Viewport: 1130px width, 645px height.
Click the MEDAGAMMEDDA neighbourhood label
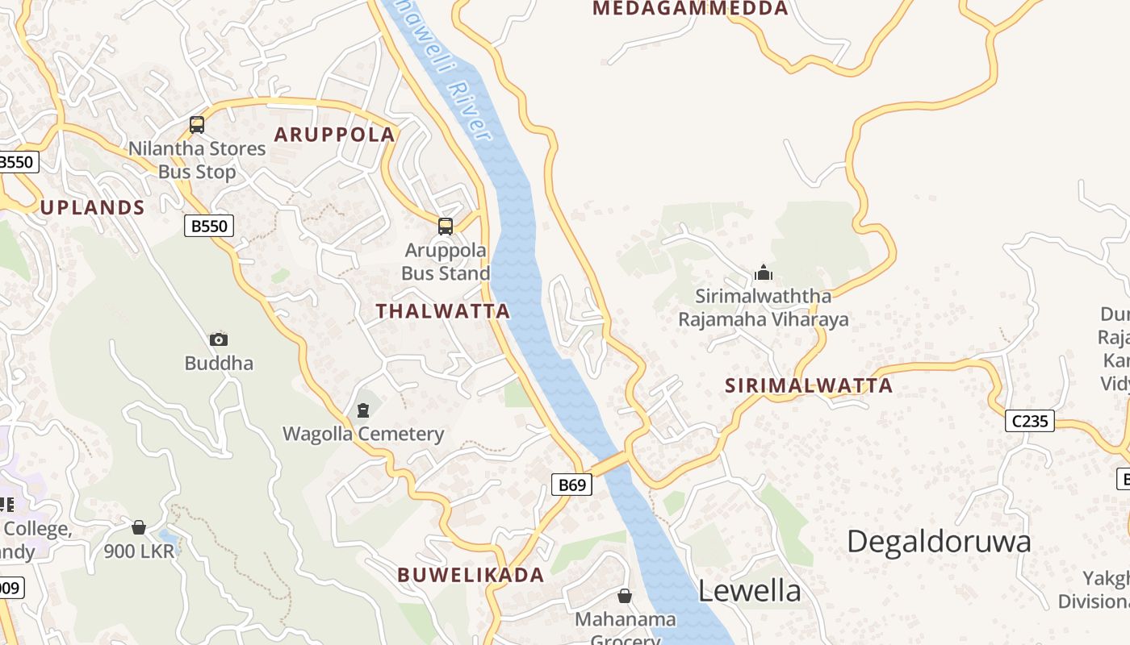[x=690, y=9]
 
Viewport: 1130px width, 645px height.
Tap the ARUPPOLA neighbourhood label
[x=335, y=135]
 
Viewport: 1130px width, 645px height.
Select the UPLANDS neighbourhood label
[x=93, y=208]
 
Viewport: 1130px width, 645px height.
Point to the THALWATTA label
[x=443, y=311]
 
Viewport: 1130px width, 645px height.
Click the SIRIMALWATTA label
[x=809, y=385]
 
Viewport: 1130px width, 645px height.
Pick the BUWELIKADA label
[x=471, y=575]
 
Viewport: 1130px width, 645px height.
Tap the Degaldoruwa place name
[x=939, y=541]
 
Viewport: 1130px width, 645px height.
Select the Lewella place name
[x=749, y=591]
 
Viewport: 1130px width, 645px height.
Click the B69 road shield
[x=571, y=485]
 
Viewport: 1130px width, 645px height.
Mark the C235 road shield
[x=1031, y=420]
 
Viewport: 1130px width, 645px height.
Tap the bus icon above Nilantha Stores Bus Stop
[x=197, y=125]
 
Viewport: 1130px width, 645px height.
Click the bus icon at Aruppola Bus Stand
[x=445, y=227]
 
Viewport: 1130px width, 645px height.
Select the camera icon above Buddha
[x=219, y=339]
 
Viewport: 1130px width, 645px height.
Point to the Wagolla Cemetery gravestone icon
[x=363, y=410]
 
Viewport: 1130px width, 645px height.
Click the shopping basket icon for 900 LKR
[x=139, y=527]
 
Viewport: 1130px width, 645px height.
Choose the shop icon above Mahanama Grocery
[x=625, y=596]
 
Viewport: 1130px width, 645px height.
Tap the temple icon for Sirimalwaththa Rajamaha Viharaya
[x=764, y=273]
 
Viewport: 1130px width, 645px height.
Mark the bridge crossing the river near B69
[x=611, y=464]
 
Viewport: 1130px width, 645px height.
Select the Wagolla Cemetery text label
[x=363, y=435]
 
